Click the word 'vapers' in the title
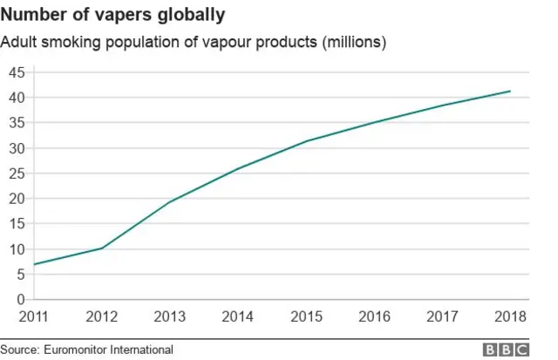tap(132, 15)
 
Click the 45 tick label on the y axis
tap(17, 71)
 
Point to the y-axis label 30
tap(17, 147)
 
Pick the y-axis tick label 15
tap(17, 224)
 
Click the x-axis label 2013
tap(167, 316)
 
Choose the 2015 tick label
tap(305, 316)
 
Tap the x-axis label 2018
tap(510, 316)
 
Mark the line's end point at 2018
tap(510, 91)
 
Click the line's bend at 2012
tap(101, 248)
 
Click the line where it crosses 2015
tap(305, 141)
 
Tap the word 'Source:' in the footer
tap(20, 350)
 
